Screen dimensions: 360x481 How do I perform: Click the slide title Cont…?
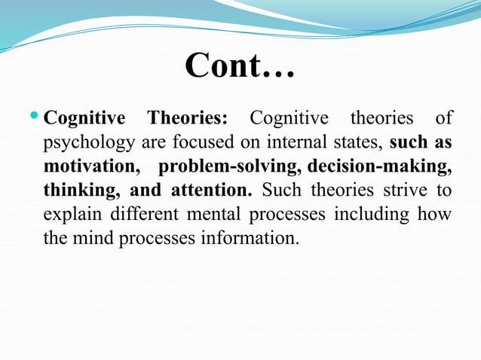240,66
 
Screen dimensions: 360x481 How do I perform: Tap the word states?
361,142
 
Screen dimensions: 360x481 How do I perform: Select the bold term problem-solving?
225,166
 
